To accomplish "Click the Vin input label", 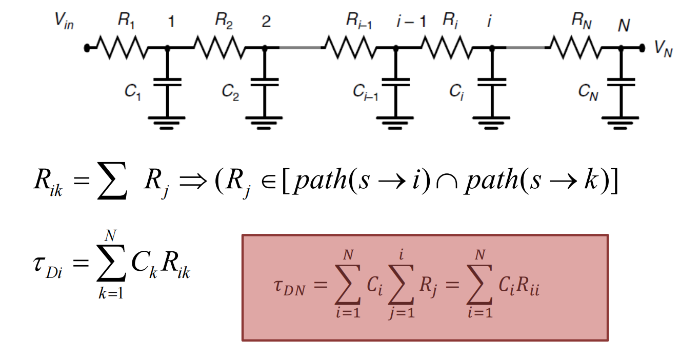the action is (64, 21).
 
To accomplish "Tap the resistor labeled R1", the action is (123, 48).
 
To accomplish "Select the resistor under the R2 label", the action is (219, 48).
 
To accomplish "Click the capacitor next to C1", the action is (168, 82).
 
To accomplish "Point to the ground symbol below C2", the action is (264, 123).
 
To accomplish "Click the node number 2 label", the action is (266, 22).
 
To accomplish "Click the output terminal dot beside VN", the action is (642, 48).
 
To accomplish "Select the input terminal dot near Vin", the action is (87, 48).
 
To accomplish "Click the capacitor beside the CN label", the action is (621, 82).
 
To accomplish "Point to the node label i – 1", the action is (411, 21).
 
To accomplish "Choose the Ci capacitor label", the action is (456, 92).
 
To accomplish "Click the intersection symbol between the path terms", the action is (447, 182).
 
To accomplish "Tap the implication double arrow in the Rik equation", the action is (193, 181).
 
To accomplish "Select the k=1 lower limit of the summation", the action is (111, 293).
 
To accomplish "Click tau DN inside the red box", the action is (289, 287).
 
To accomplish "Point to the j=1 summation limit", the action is (402, 312).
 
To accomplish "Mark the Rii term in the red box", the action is (528, 286).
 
